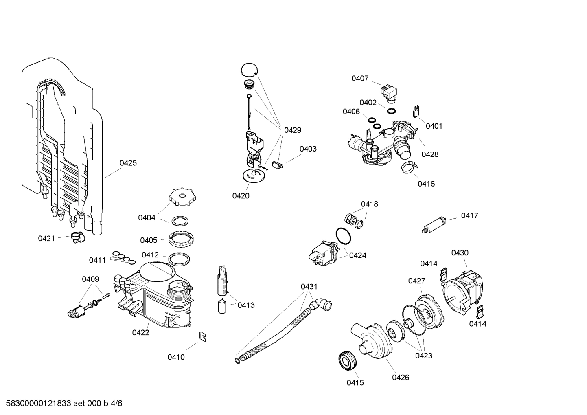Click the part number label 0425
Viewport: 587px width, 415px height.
click(128, 163)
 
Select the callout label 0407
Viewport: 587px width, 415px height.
click(360, 79)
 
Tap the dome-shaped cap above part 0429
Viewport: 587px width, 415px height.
click(249, 70)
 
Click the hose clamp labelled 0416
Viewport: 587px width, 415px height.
click(409, 166)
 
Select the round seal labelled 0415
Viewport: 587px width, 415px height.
click(348, 360)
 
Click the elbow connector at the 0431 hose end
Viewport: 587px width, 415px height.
click(321, 304)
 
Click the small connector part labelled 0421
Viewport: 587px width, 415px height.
click(76, 237)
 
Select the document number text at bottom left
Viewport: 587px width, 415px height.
click(61, 404)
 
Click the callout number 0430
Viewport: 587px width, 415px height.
click(460, 253)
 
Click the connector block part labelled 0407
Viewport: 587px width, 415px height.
click(389, 92)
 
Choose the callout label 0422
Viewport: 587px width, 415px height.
click(140, 333)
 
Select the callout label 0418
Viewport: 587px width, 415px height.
click(369, 204)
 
